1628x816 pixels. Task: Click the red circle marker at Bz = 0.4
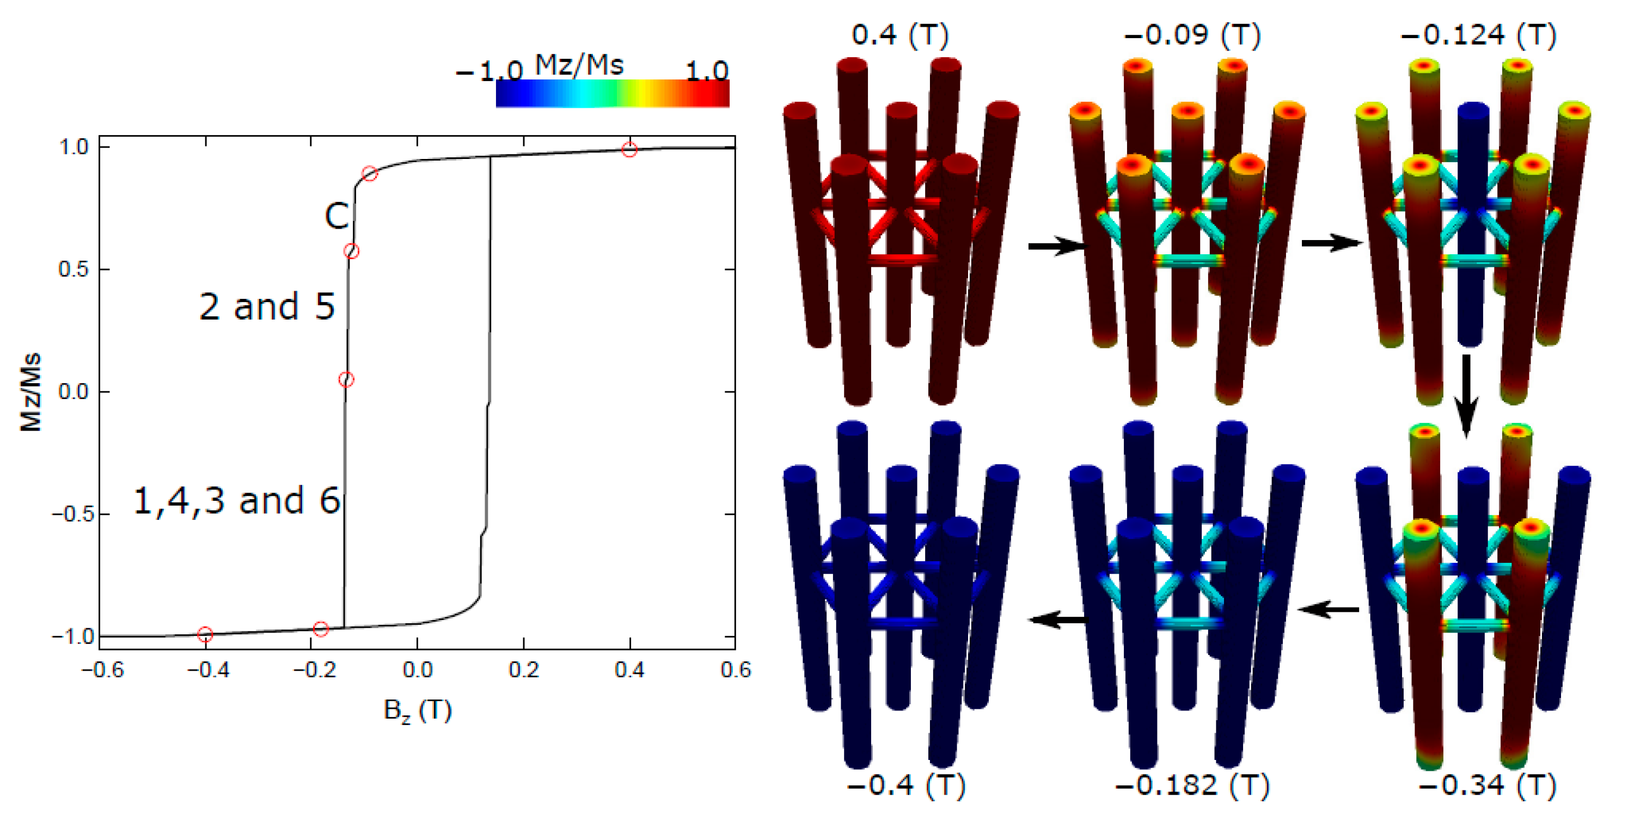629,150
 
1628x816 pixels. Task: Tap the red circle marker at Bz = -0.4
205,634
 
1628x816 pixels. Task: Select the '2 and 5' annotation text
267,306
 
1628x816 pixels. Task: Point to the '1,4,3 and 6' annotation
237,501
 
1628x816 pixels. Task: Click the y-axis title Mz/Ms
30,392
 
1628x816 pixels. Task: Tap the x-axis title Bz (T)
418,710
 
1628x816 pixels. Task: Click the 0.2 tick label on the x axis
523,670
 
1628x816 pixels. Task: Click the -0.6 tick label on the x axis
102,670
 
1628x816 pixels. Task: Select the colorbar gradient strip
613,94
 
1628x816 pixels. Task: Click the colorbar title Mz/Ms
579,64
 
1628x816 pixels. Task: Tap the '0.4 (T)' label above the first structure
900,35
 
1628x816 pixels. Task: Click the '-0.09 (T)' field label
1192,35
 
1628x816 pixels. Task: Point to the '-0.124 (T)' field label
1478,35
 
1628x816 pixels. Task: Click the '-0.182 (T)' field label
1192,786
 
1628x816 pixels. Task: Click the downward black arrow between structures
1466,395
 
